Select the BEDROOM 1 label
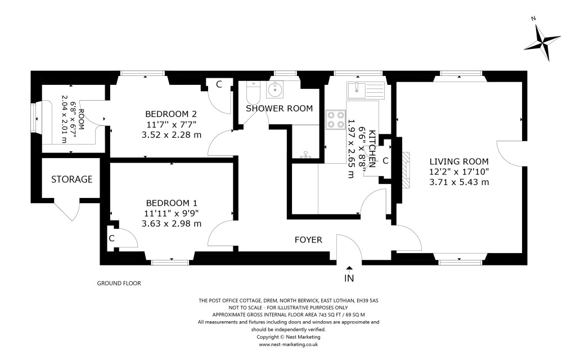tap(172, 202)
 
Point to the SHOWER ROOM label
tap(279, 109)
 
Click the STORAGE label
tap(71, 179)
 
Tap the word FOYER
tap(308, 240)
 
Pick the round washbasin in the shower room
tap(276, 89)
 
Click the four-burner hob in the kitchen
tap(336, 119)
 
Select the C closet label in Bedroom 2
tap(219, 84)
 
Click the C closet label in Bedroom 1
tap(112, 238)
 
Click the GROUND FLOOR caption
tap(119, 284)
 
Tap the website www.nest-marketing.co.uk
tap(289, 344)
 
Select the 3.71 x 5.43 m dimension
tap(458, 182)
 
